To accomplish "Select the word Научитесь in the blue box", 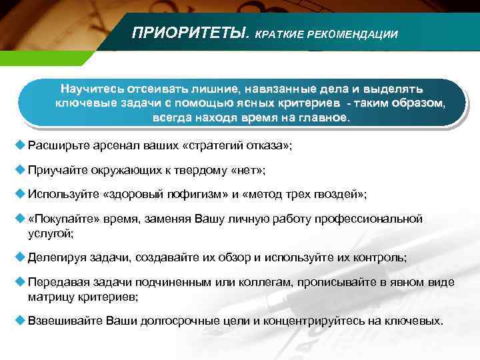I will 91,89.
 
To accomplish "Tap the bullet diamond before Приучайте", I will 19,169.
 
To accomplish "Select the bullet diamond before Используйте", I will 19,193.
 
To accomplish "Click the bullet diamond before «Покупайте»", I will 19,218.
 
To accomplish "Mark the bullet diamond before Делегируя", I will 19,256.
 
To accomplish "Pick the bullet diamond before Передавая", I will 19,282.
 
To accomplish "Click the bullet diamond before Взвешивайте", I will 19,320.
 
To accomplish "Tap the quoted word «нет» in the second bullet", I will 247,170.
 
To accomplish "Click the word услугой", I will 50,233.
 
